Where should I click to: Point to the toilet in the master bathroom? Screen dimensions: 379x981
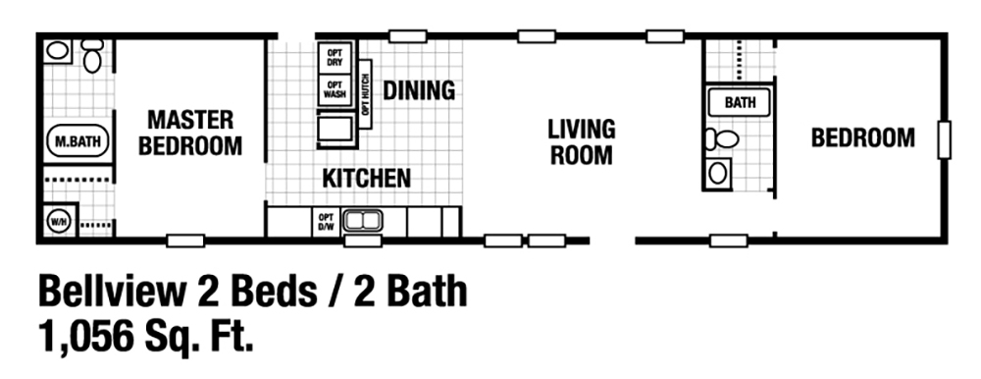pos(92,56)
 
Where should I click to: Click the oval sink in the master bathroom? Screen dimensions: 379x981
pos(58,50)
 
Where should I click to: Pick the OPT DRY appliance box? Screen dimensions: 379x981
pos(335,57)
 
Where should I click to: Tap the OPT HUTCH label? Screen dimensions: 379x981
pos(365,95)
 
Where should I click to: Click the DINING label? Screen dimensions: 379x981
pos(419,90)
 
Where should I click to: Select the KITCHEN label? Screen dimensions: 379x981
pos(367,179)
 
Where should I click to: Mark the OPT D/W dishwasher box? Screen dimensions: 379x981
pos(326,222)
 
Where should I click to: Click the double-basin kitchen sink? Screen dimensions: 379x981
pos(361,221)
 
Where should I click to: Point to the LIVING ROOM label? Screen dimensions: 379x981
pos(581,141)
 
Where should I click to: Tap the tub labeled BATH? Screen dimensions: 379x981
pos(739,103)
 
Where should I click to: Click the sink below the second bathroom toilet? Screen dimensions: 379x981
pos(718,174)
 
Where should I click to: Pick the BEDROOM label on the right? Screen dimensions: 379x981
pos(862,137)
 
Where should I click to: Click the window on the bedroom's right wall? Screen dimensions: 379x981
pos(944,138)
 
